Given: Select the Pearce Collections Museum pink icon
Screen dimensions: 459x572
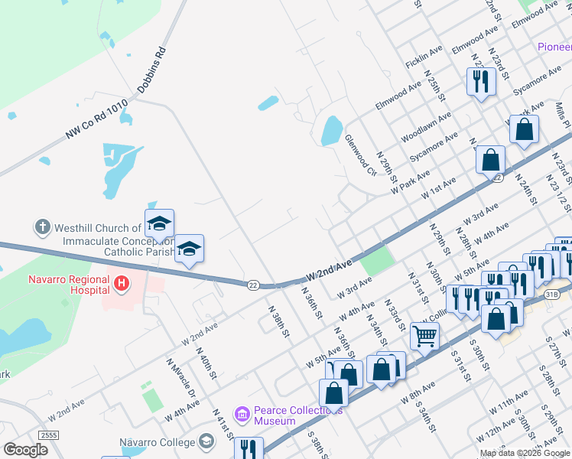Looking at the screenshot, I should click(242, 415).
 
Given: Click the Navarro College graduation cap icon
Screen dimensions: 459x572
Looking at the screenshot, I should click(206, 441).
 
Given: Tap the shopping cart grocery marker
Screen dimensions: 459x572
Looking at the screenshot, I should click(424, 334).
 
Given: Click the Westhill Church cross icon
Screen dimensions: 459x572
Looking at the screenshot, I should click(43, 227).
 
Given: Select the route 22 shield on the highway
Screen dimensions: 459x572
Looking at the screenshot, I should click(252, 285).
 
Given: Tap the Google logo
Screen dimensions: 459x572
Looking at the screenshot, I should click(25, 450).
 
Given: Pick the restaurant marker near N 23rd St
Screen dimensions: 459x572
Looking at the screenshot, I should click(480, 80).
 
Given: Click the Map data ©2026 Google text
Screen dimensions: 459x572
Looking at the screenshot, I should click(525, 453).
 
